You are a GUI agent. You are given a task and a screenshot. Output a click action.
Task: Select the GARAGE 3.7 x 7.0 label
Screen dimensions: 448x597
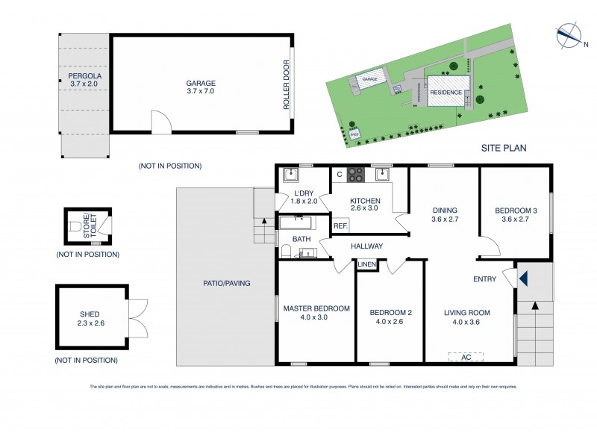point(201,88)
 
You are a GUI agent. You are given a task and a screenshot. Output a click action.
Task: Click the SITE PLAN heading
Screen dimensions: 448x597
point(504,148)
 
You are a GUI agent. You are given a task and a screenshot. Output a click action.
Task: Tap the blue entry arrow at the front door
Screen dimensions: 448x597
point(523,279)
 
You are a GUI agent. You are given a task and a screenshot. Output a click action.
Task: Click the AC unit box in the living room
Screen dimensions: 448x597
point(466,357)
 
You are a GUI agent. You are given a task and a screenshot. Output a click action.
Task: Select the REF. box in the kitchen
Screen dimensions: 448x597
point(340,225)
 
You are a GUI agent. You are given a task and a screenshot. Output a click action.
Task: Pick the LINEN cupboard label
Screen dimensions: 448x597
point(366,264)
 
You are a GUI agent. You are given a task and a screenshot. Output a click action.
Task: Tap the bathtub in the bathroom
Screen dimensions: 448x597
point(297,221)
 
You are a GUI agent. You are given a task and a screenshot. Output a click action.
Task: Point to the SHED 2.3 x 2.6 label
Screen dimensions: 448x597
point(90,318)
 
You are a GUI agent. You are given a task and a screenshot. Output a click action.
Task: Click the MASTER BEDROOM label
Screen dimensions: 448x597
point(316,313)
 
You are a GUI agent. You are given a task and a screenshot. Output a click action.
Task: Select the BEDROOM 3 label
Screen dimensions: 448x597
point(515,215)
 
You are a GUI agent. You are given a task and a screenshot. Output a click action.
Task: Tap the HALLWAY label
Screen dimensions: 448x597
point(366,246)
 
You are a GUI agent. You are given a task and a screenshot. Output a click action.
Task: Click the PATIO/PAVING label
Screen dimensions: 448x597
point(226,283)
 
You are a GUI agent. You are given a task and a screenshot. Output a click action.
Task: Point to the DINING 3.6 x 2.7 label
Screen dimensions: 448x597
point(444,215)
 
